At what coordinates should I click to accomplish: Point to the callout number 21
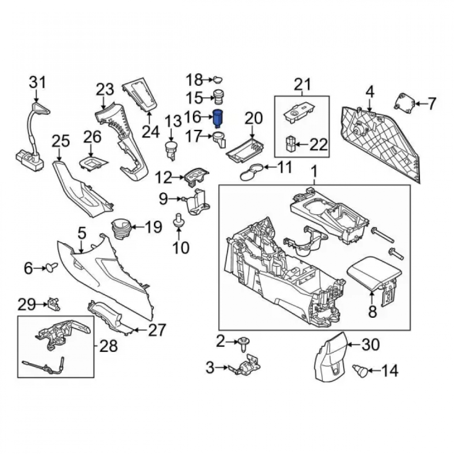click(x=302, y=84)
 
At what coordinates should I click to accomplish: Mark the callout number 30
click(x=370, y=345)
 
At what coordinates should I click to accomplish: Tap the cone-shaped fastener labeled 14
click(x=360, y=370)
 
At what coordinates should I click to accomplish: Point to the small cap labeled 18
click(x=218, y=79)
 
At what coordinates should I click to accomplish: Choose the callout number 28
click(x=109, y=345)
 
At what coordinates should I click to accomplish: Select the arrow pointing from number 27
click(x=140, y=330)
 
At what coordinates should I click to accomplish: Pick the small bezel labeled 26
click(x=93, y=164)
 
